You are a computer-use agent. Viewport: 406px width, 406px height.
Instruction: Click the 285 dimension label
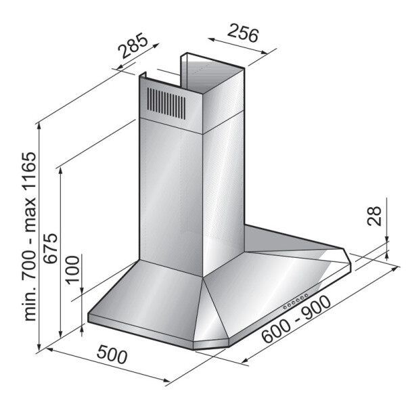133,45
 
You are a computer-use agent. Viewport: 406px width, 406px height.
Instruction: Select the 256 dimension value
243,33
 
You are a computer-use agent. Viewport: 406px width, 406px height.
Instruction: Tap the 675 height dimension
51,248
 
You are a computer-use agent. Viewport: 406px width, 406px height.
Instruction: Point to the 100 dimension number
72,270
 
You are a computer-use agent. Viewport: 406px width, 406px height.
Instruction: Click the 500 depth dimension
112,354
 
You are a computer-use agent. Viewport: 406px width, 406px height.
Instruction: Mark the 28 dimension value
375,216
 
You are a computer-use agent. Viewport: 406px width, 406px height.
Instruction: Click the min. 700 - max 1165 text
30,236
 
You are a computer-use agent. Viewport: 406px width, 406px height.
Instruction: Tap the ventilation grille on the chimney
166,104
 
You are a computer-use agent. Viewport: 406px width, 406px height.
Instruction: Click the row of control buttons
296,301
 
